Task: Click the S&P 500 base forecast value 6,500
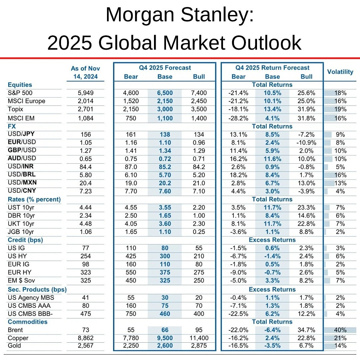pyautogui.click(x=165, y=93)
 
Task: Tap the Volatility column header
pyautogui.click(x=340, y=72)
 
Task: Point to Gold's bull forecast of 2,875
pyautogui.click(x=199, y=346)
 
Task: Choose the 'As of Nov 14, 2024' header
pyautogui.click(x=85, y=72)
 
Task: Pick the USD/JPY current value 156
pyautogui.click(x=85, y=134)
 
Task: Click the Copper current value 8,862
pyautogui.click(x=85, y=338)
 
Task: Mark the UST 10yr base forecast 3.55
pyautogui.click(x=165, y=207)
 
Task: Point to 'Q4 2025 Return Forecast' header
pyautogui.click(x=272, y=68)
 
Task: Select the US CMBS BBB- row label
pyautogui.click(x=30, y=314)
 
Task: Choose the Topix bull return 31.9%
pyautogui.click(x=306, y=109)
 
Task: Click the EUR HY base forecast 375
pyautogui.click(x=165, y=272)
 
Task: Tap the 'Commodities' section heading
pyautogui.click(x=27, y=322)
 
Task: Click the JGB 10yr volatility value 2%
pyautogui.click(x=340, y=232)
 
